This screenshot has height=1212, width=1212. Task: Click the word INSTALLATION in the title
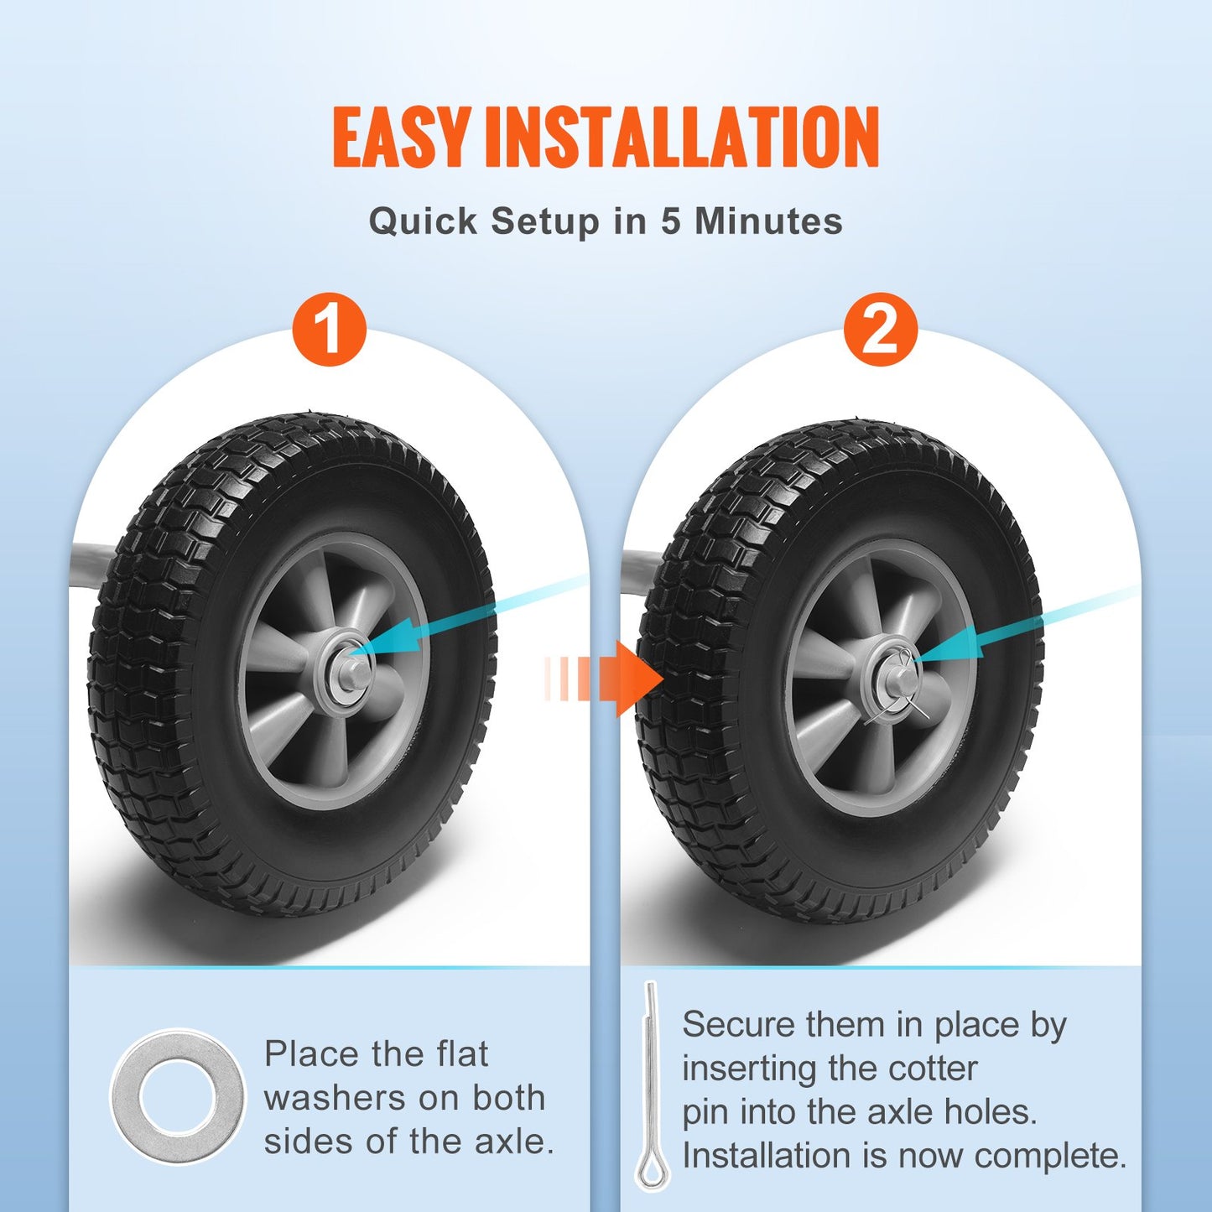[682, 137]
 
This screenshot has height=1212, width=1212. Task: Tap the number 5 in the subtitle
[670, 221]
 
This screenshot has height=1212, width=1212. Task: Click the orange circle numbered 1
[330, 329]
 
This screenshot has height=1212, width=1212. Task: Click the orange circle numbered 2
[881, 329]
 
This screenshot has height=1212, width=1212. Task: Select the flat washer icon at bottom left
[178, 1096]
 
